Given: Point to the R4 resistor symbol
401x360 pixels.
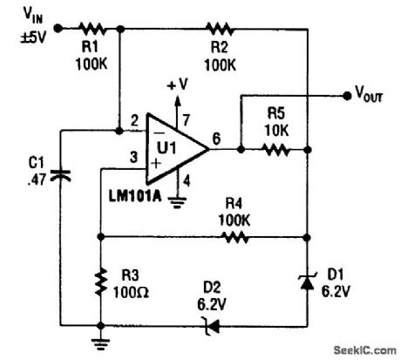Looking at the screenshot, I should pyautogui.click(x=230, y=236).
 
